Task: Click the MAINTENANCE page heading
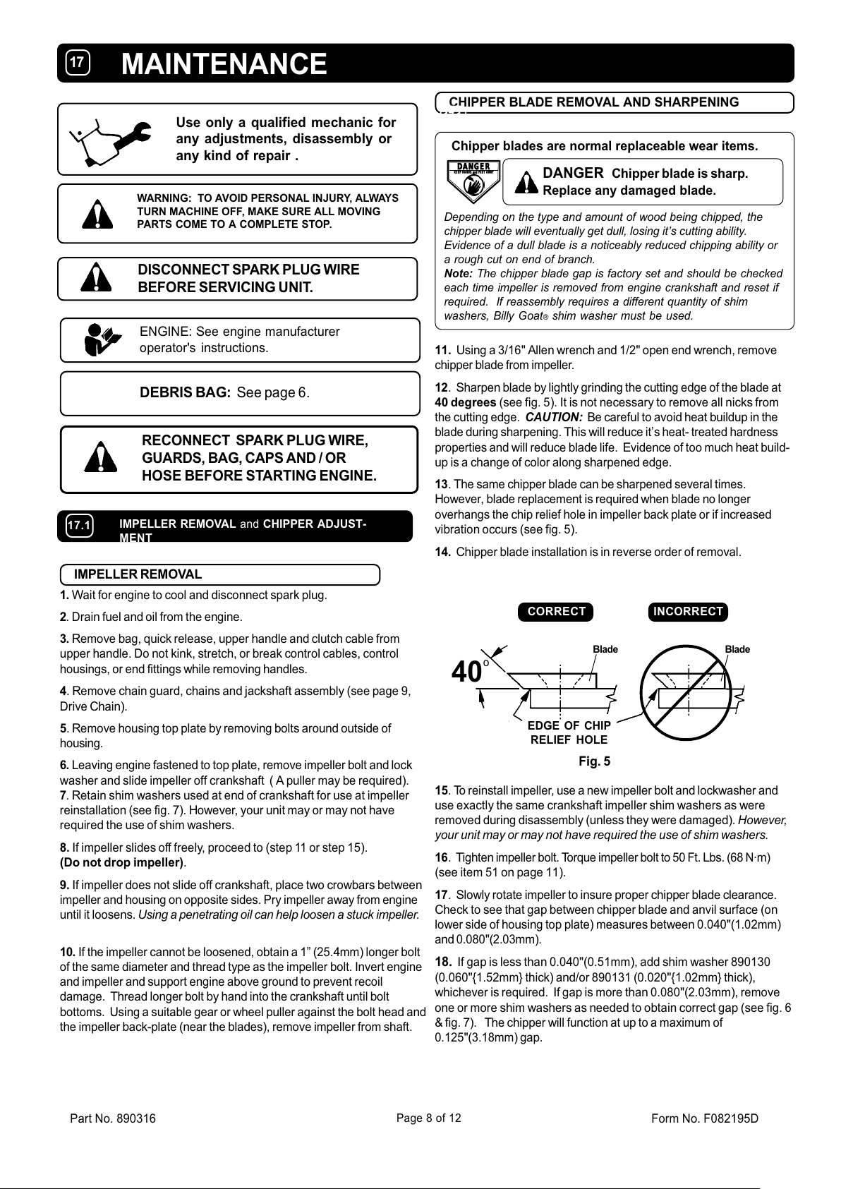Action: (x=224, y=64)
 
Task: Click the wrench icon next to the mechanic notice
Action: (x=113, y=139)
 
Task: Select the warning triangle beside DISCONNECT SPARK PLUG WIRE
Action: (x=97, y=279)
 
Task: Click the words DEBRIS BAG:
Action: (x=186, y=393)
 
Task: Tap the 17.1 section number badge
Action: (x=79, y=526)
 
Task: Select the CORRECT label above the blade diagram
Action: (x=556, y=612)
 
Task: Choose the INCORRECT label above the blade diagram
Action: (x=688, y=612)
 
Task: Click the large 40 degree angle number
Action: (x=468, y=672)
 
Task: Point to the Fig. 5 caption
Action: (x=594, y=761)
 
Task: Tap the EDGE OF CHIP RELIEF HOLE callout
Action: (x=569, y=732)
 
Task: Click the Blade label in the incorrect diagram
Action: (x=737, y=649)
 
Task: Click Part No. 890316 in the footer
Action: (x=113, y=1118)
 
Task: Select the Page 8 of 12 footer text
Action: (x=429, y=1118)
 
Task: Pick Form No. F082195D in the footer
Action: (x=705, y=1118)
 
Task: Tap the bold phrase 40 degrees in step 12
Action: (x=466, y=402)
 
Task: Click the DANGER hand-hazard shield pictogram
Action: (x=472, y=179)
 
